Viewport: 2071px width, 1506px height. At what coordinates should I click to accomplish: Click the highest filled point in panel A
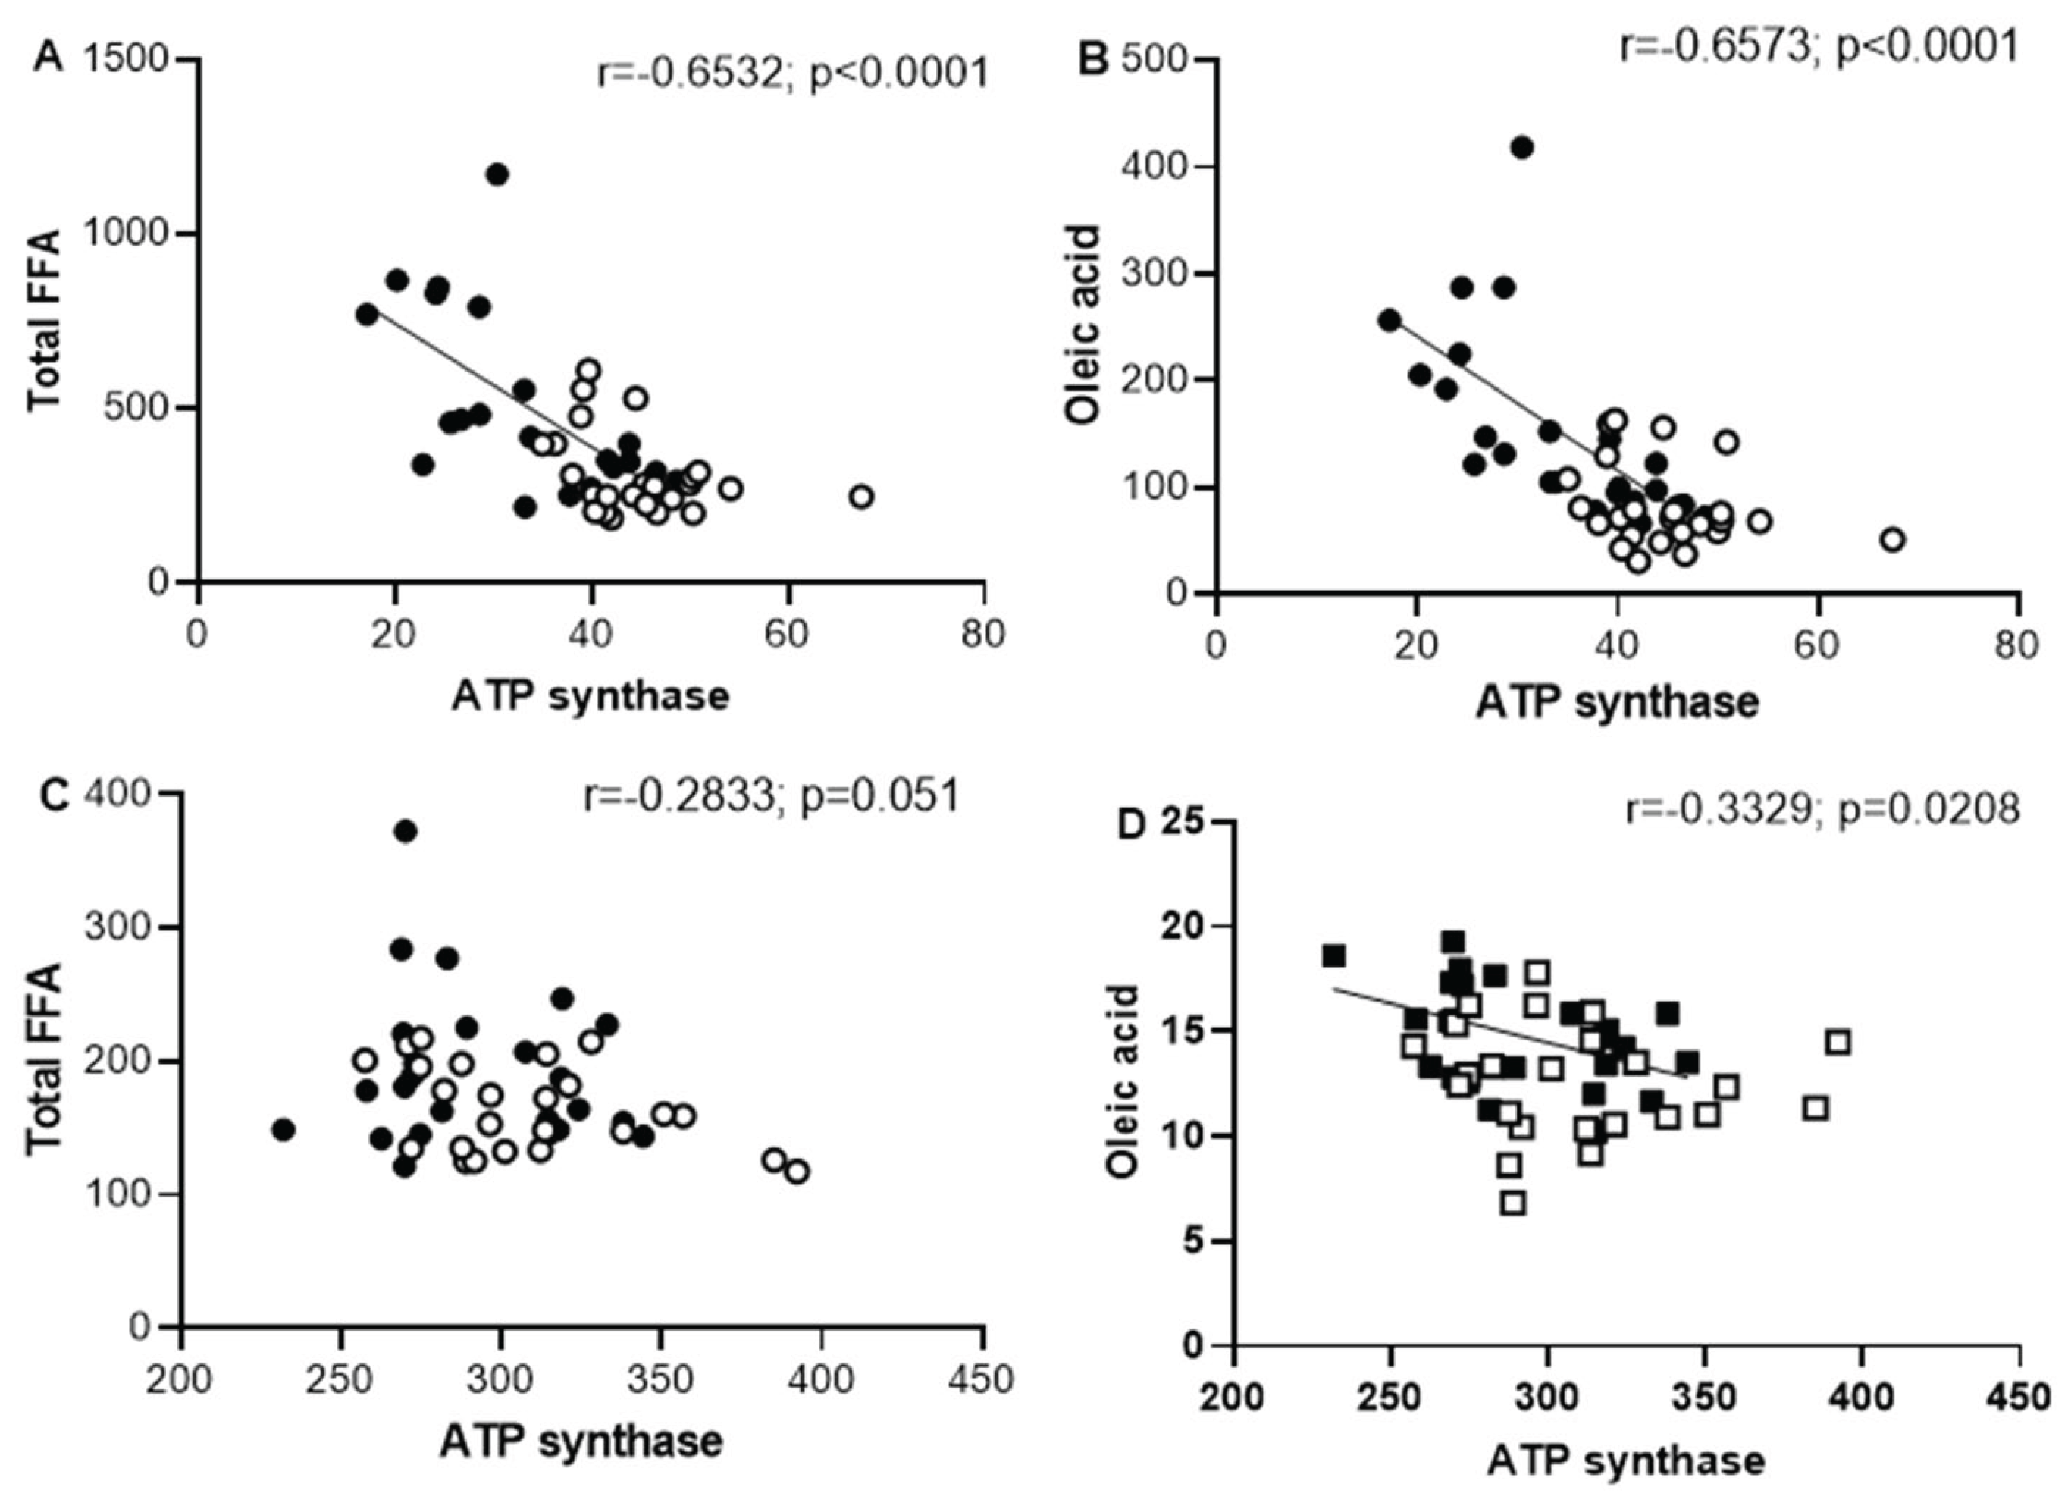pyautogui.click(x=497, y=174)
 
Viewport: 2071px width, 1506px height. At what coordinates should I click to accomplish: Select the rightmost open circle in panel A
pyautogui.click(x=861, y=497)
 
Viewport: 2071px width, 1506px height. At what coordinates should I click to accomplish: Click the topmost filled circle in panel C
pyautogui.click(x=406, y=831)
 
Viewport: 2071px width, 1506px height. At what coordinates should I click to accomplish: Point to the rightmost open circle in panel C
pyautogui.click(x=797, y=1172)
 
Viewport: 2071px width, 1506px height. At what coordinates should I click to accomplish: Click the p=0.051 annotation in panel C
pyautogui.click(x=880, y=796)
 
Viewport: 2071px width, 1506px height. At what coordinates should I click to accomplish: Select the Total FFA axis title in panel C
pyautogui.click(x=44, y=1059)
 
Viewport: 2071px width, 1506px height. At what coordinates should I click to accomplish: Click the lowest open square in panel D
pyautogui.click(x=1514, y=1203)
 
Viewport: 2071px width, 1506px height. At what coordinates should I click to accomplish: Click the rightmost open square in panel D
pyautogui.click(x=1838, y=1042)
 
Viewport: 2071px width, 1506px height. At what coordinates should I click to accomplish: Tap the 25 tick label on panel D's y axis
pyautogui.click(x=1183, y=822)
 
